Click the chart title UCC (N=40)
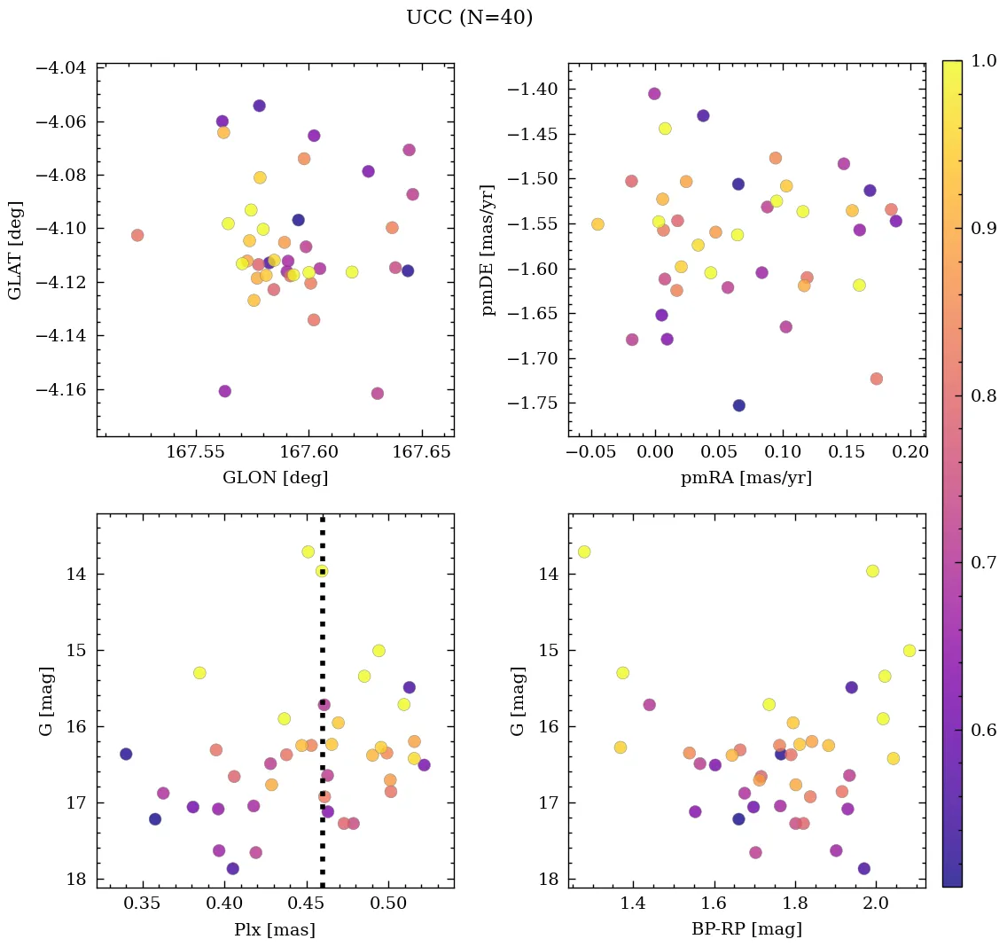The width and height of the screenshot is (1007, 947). (469, 18)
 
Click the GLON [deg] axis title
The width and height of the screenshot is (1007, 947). (275, 478)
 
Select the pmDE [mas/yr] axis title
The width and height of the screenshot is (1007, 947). (488, 250)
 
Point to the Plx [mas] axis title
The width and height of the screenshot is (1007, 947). (275, 929)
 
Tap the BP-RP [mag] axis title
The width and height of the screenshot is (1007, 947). (746, 929)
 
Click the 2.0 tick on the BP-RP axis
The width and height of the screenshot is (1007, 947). (876, 904)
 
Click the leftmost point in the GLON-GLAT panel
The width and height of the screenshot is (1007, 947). (137, 235)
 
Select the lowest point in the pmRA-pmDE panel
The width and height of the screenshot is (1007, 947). (738, 405)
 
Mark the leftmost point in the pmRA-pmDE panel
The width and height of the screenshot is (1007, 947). (597, 224)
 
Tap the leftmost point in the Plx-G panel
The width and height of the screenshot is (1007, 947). (126, 754)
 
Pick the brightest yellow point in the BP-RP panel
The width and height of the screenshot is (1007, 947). (584, 552)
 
